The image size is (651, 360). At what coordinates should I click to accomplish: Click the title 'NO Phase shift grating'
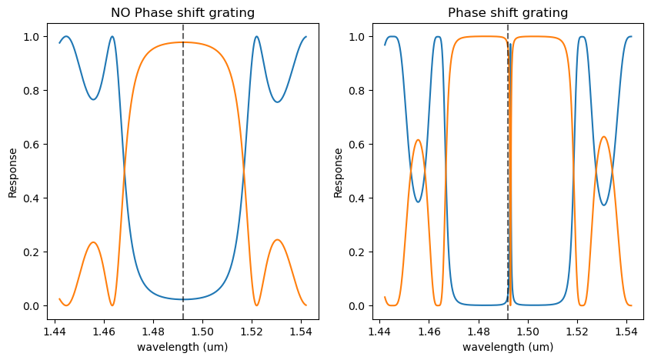click(182, 13)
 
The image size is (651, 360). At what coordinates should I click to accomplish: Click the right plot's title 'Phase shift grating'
click(508, 13)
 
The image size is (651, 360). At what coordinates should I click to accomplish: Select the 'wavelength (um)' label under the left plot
click(182, 347)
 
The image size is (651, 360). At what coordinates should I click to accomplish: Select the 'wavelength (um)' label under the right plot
click(508, 347)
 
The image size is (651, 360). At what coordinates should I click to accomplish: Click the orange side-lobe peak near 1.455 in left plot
click(92, 242)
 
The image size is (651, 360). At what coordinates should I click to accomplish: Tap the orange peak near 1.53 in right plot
click(604, 137)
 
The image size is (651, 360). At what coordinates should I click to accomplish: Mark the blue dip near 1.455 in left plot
click(92, 99)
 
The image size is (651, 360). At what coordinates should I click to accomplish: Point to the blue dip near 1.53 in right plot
click(604, 205)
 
